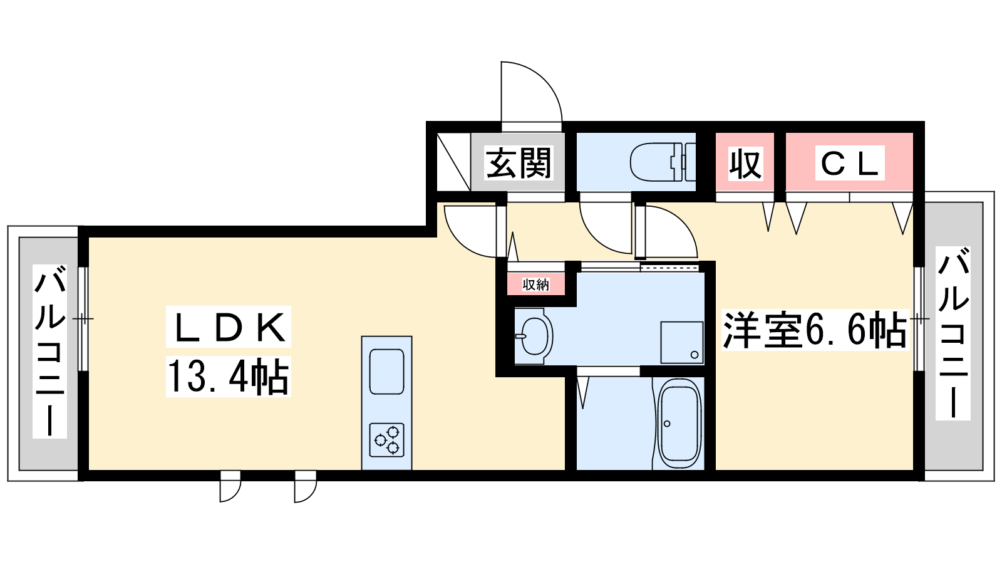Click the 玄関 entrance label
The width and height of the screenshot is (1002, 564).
point(519,163)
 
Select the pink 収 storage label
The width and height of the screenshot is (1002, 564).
point(745,164)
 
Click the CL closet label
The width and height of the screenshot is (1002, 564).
point(849,164)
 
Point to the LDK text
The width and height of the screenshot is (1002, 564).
point(229,326)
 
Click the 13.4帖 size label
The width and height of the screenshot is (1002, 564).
point(229,377)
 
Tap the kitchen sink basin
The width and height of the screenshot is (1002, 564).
point(386,372)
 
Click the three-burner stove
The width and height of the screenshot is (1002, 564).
point(386,439)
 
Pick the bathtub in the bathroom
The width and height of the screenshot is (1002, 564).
point(678,424)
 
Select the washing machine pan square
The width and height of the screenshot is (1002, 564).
point(682,342)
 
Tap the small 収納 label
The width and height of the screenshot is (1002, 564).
point(536,285)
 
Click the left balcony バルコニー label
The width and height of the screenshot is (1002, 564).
point(49,352)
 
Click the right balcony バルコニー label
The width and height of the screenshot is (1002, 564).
point(953,333)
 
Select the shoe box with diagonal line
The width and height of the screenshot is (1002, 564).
point(453,162)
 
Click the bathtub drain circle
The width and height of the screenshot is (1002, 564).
point(667,424)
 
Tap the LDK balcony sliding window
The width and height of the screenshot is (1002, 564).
point(83,319)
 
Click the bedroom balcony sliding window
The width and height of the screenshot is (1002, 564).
point(918,319)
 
